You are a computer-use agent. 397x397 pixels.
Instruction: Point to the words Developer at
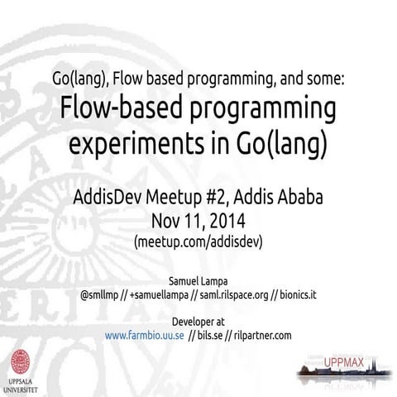[x=198, y=321]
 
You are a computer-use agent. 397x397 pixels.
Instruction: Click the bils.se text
[x=209, y=335]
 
